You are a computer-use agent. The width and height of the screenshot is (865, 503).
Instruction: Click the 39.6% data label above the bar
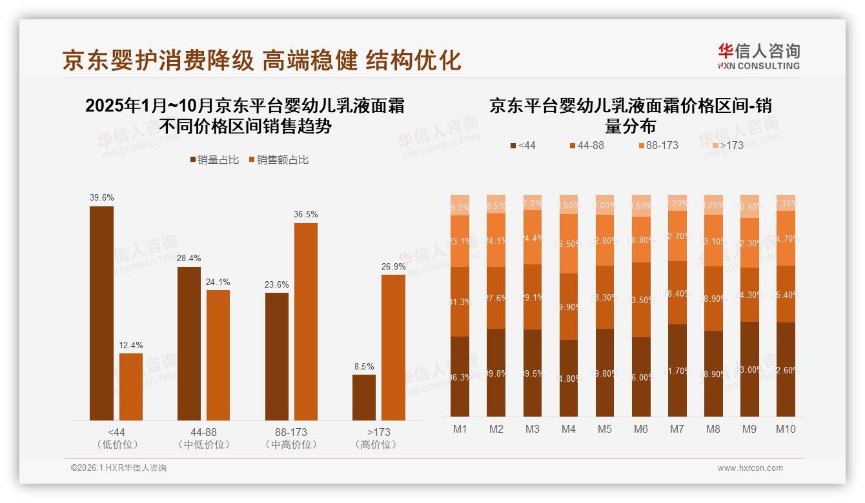[x=101, y=198]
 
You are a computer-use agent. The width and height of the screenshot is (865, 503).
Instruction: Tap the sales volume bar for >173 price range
[x=364, y=397]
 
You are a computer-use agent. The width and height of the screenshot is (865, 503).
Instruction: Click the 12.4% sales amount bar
[x=131, y=386]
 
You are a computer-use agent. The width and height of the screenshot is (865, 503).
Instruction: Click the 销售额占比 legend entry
[x=278, y=160]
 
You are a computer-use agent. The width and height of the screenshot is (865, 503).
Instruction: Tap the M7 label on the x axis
[x=677, y=429]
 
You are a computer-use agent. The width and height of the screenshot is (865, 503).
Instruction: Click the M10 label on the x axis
[x=785, y=429]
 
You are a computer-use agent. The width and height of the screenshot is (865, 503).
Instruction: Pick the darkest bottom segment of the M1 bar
[x=460, y=376]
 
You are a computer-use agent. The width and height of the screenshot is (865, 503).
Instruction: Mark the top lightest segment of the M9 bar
[x=749, y=206]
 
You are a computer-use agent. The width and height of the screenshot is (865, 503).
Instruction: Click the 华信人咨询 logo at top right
[x=758, y=56]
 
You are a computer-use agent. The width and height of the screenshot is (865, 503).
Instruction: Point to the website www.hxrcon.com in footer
[x=750, y=468]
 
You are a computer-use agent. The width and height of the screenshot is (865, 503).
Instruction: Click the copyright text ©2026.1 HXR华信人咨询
[x=119, y=468]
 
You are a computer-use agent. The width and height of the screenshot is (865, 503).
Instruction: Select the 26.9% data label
[x=394, y=266]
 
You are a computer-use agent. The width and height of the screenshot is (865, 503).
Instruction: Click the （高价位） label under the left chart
[x=378, y=444]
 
